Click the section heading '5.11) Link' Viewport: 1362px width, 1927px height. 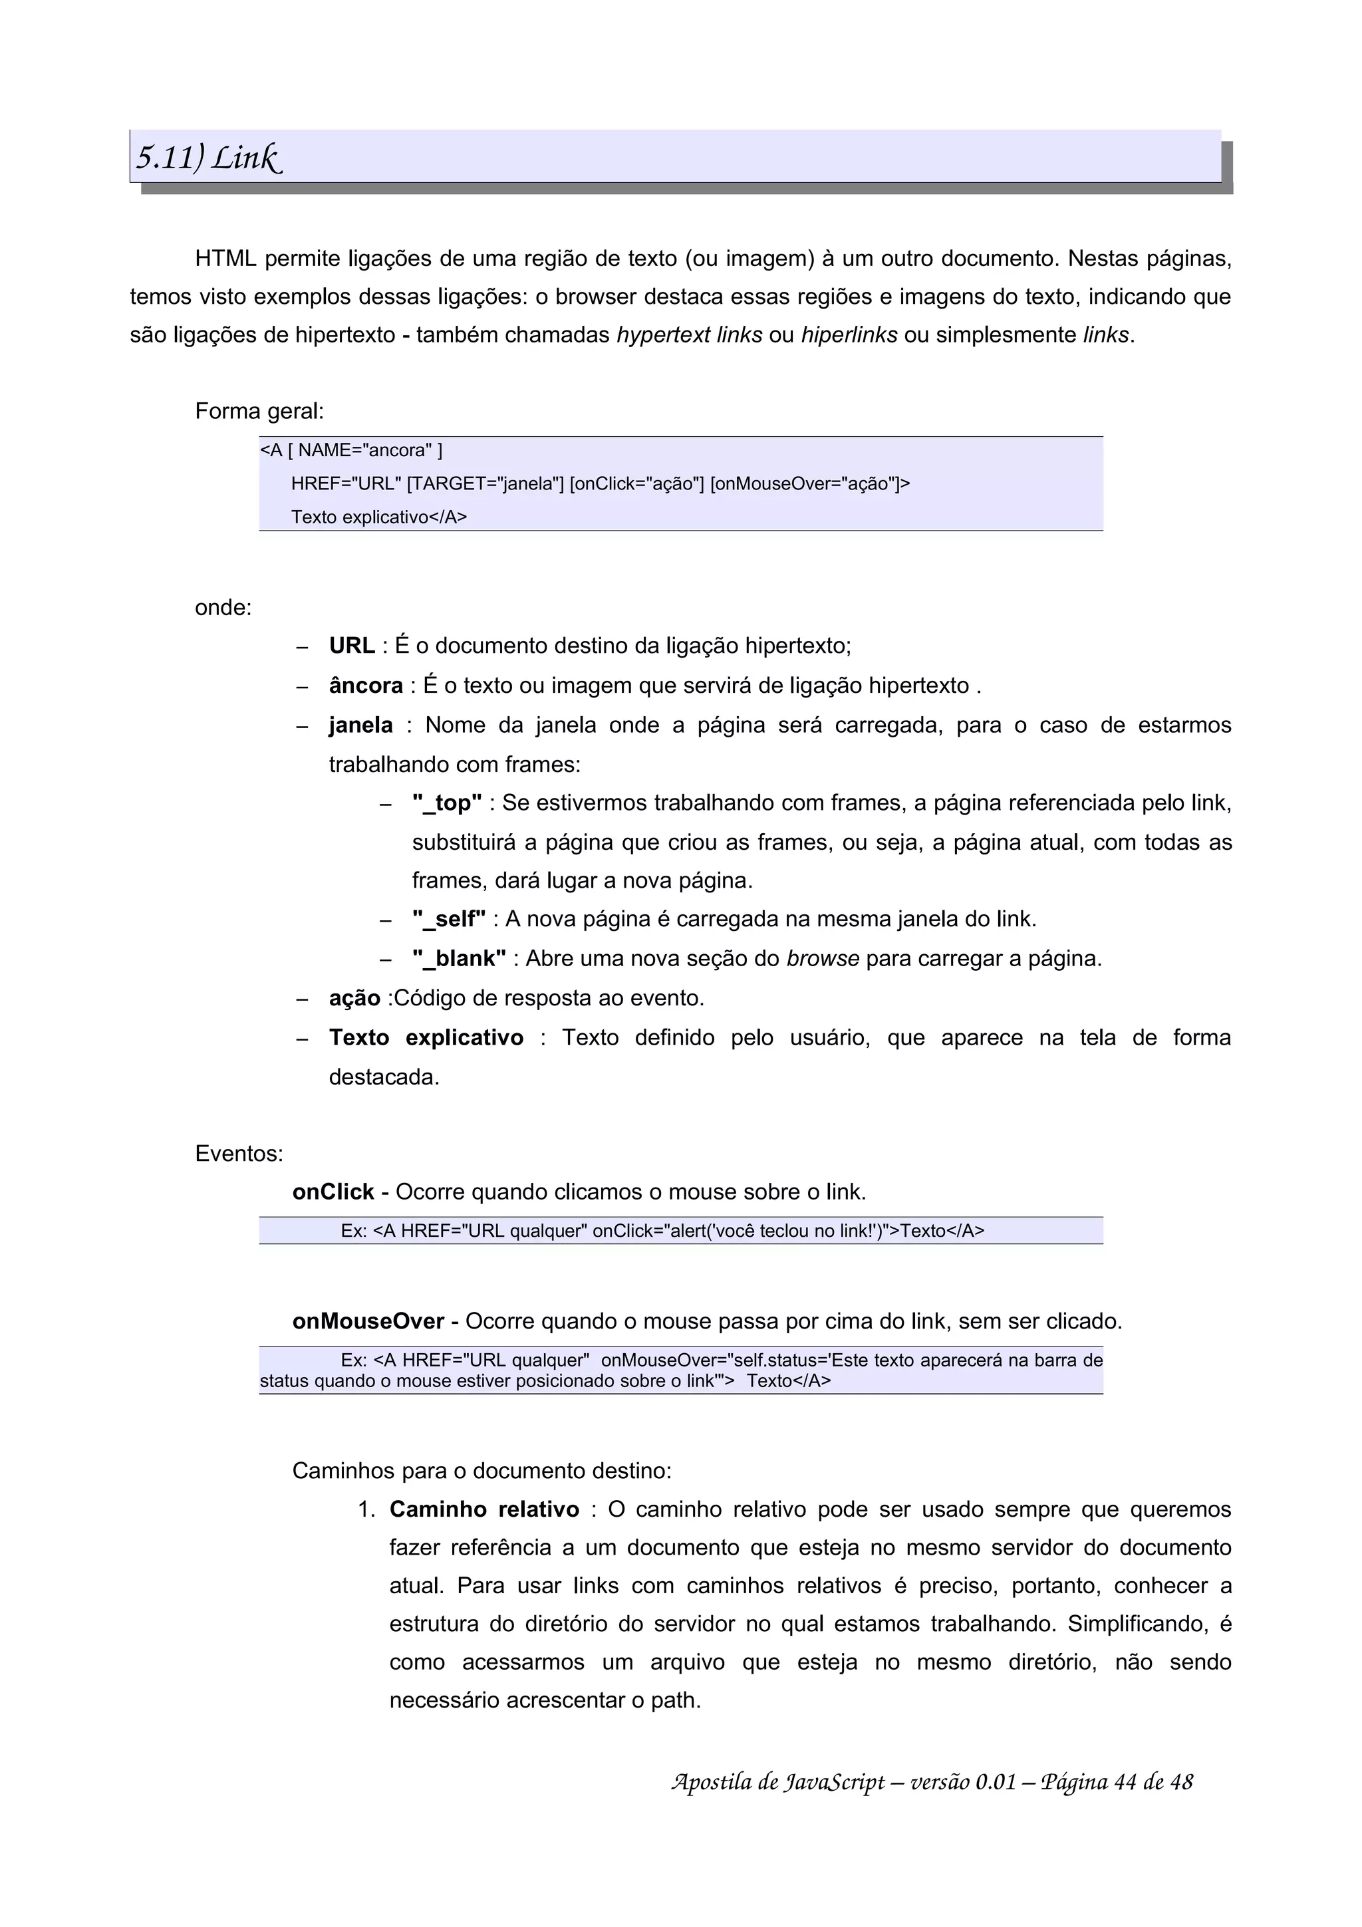pos(208,158)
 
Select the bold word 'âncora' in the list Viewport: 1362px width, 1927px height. pos(365,686)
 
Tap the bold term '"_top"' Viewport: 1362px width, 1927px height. pos(446,803)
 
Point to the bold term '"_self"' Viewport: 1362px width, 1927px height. pos(448,919)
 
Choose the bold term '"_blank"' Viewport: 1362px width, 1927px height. pos(458,958)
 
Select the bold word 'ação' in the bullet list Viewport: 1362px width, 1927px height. pos(354,998)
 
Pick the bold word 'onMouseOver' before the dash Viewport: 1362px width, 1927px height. pos(368,1321)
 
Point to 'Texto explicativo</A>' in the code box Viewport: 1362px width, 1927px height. pos(378,517)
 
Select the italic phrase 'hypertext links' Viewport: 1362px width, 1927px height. pos(689,335)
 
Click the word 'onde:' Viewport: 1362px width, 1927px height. pos(223,607)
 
